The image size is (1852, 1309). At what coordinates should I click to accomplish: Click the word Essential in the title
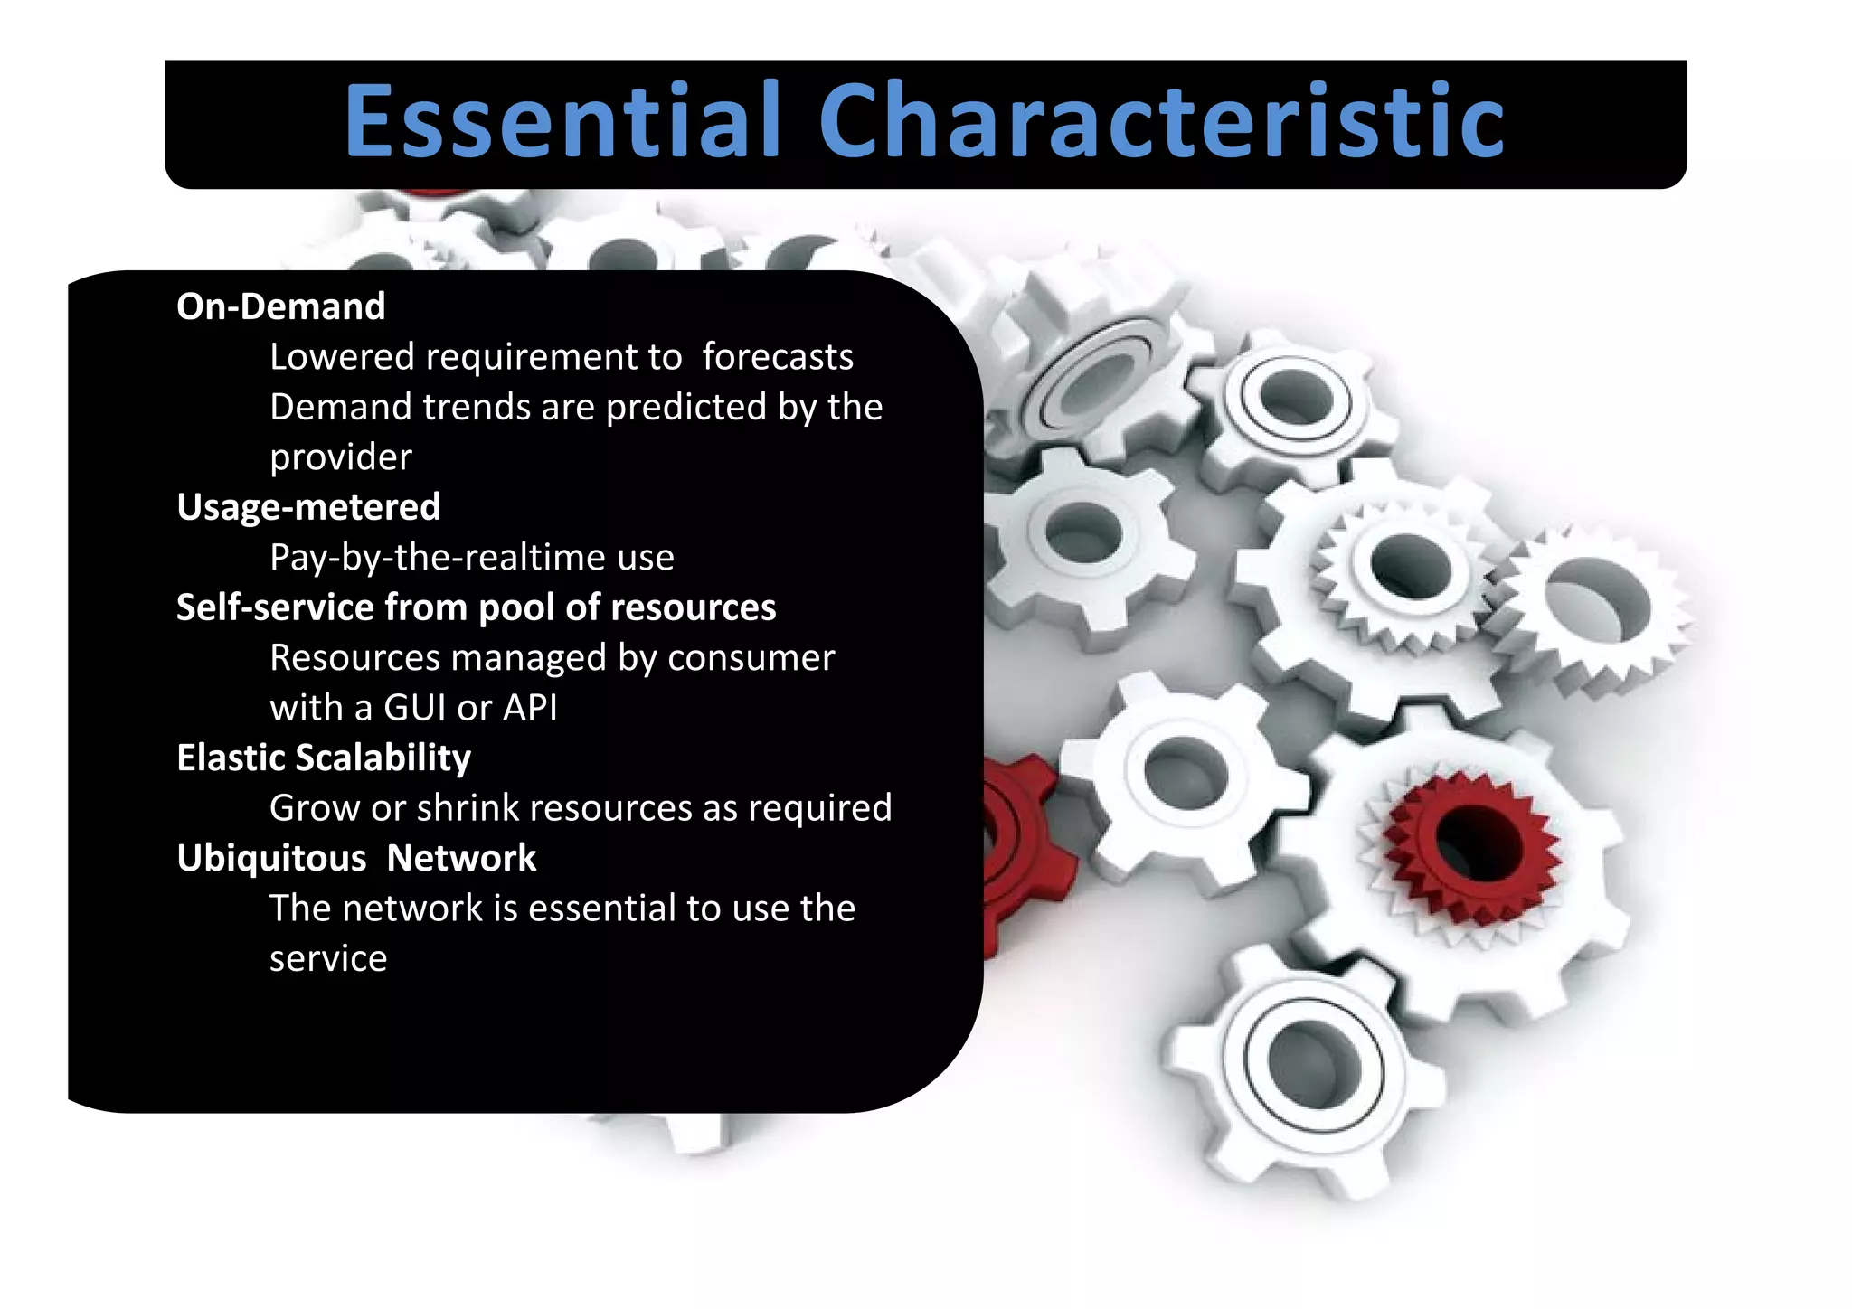point(562,121)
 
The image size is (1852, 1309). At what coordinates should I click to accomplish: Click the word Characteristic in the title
point(1161,121)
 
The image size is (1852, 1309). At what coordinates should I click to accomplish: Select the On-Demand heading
point(280,306)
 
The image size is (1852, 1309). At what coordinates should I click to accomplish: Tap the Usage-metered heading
point(308,507)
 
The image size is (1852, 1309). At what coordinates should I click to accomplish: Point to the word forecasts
point(777,357)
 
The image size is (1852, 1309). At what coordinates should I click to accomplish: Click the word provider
point(340,458)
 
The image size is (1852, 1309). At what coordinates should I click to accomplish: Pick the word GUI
point(415,708)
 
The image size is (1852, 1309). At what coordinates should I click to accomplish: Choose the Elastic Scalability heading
point(324,758)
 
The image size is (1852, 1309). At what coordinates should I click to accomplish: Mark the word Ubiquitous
point(271,858)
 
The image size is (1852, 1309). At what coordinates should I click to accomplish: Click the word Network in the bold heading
point(461,858)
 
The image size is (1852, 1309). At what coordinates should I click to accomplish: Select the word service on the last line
point(328,959)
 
